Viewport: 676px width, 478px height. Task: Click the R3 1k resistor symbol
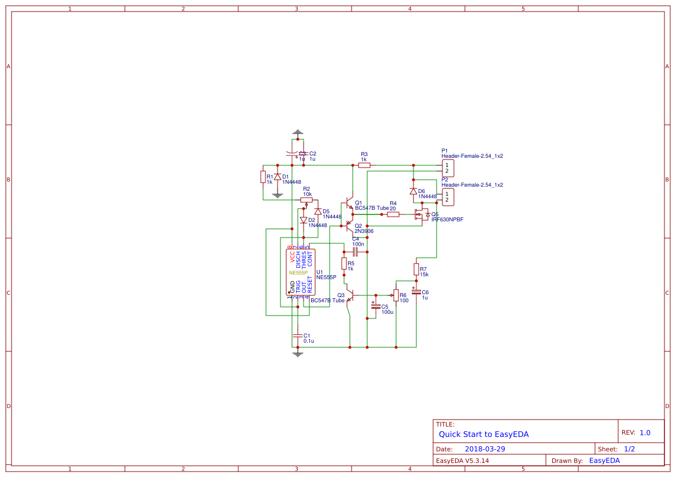364,165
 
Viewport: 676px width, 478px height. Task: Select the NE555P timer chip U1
301,273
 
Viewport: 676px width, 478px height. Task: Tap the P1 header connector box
447,168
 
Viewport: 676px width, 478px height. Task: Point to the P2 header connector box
447,197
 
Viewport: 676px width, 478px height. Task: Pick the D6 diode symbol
413,191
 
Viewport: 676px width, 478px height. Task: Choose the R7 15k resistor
416,269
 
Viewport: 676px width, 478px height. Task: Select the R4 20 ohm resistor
393,214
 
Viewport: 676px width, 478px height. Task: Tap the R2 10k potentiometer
306,200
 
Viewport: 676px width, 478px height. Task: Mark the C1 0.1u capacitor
298,335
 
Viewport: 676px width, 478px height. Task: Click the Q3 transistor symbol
349,295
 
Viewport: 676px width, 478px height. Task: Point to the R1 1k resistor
263,177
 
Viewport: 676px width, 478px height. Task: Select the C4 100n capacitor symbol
356,251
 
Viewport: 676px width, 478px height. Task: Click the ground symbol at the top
298,133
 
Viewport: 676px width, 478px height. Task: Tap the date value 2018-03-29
485,449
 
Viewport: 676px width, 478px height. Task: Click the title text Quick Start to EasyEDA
483,434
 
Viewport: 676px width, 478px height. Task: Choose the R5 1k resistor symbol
344,264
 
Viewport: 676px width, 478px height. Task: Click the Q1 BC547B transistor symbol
349,203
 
